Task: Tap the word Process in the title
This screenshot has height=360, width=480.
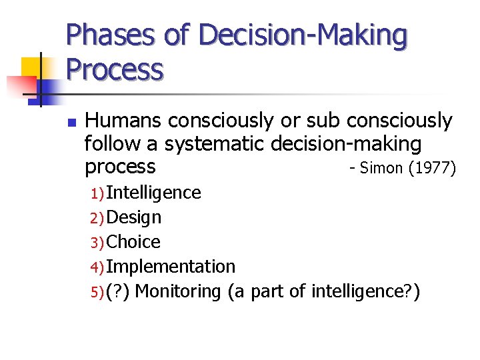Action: tap(114, 69)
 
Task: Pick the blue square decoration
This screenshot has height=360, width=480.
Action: tap(47, 88)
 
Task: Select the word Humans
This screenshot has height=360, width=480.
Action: tap(125, 121)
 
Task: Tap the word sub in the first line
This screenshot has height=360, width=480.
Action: tap(324, 121)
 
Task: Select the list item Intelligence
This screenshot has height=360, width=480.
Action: tap(153, 193)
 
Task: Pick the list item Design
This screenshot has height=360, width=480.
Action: tap(133, 217)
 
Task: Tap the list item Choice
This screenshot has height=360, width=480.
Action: tap(133, 241)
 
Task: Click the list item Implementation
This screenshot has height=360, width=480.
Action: tap(171, 267)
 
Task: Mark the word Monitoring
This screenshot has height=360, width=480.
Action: tap(177, 291)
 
